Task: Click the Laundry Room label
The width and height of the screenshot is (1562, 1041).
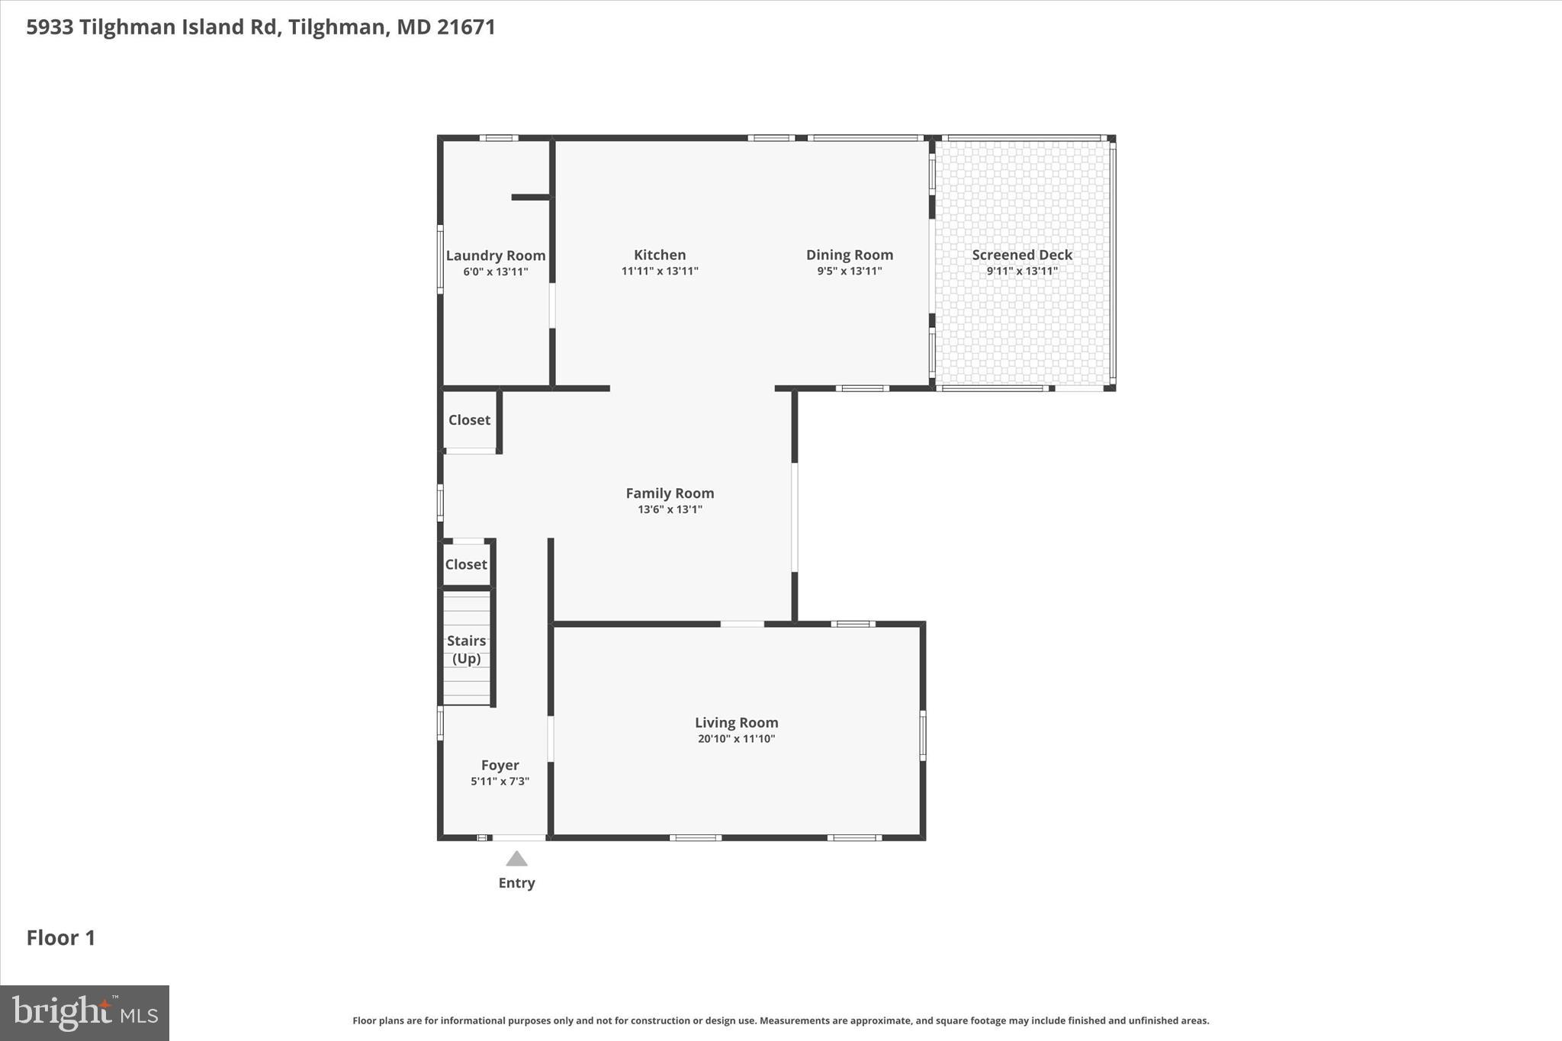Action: (x=495, y=255)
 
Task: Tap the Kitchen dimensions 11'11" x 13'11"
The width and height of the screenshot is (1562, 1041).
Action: (x=660, y=271)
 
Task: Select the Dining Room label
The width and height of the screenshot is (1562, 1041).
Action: (x=849, y=255)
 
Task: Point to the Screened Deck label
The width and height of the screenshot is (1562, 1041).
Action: (x=1021, y=255)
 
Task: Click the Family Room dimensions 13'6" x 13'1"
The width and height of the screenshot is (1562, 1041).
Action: (x=670, y=509)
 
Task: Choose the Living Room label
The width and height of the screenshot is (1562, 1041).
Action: (x=736, y=722)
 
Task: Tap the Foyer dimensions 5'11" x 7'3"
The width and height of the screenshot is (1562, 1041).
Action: (x=500, y=782)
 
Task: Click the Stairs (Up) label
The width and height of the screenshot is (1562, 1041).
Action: (x=466, y=649)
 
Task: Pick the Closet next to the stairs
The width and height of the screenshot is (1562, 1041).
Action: (x=466, y=564)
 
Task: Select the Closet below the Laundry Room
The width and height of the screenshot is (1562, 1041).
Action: (x=469, y=420)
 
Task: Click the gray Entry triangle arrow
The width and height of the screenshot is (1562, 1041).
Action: (x=516, y=859)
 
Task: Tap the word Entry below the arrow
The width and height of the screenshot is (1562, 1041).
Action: (x=516, y=883)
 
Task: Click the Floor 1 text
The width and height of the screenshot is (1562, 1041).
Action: (x=61, y=938)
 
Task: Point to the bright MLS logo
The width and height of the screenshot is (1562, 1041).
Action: (x=85, y=1013)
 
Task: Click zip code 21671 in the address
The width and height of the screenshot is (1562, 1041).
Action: (x=466, y=27)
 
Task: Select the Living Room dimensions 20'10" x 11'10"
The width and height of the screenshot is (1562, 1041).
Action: (x=736, y=739)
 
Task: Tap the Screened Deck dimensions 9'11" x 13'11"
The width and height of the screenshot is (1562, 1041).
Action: (x=1021, y=271)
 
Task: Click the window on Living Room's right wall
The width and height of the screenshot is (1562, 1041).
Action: (x=922, y=735)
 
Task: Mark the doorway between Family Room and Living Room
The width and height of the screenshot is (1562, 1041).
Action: (x=742, y=624)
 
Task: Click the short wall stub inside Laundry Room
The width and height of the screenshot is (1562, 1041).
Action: (x=530, y=198)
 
